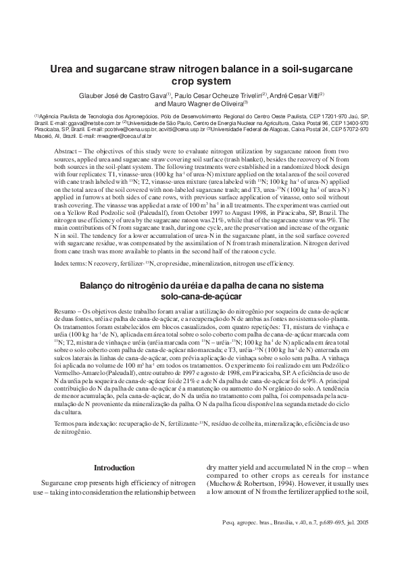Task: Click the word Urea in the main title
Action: pos(66,69)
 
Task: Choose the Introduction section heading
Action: pos(114,468)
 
